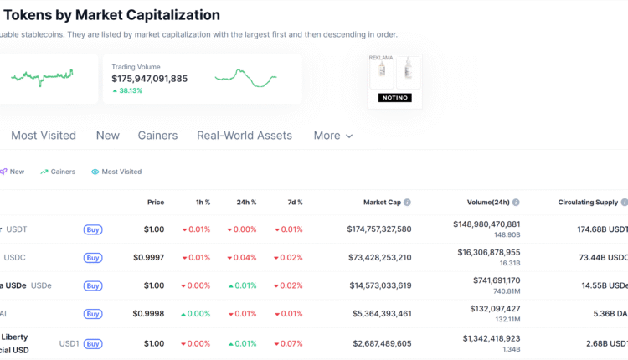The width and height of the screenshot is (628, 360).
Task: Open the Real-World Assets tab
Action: click(x=245, y=136)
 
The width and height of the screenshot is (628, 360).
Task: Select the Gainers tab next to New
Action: click(x=158, y=136)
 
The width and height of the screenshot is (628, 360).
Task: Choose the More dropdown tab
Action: click(x=332, y=136)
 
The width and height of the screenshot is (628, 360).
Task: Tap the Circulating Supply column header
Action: click(x=588, y=203)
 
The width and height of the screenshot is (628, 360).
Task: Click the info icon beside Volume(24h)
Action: click(x=516, y=203)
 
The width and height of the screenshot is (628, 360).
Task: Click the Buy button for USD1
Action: click(x=93, y=343)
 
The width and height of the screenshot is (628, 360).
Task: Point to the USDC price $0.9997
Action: click(x=148, y=257)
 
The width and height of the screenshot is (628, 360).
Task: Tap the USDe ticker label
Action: click(x=41, y=285)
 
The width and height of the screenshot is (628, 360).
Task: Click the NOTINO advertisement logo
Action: click(x=394, y=98)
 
